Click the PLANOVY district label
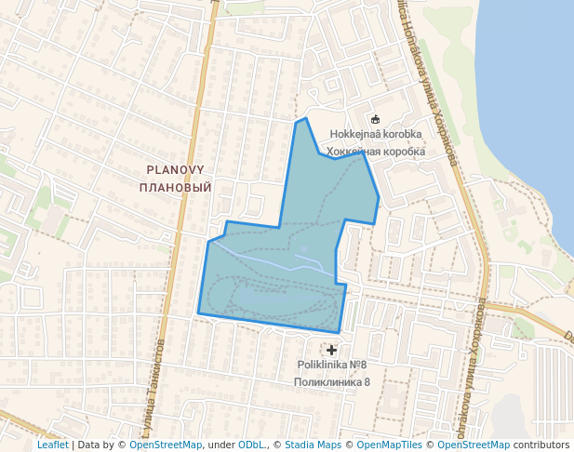click(175, 169)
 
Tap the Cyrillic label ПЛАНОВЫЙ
click(175, 187)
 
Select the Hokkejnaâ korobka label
click(376, 134)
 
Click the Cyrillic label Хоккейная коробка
click(376, 151)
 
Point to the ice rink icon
click(375, 119)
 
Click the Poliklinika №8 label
click(332, 365)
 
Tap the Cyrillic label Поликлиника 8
click(332, 381)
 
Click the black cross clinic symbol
click(332, 349)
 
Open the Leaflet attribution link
click(53, 445)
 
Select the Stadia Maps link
click(313, 445)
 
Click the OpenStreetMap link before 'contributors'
click(474, 445)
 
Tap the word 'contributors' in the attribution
click(541, 445)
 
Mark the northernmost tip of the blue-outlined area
click(304, 118)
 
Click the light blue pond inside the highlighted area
click(304, 251)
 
